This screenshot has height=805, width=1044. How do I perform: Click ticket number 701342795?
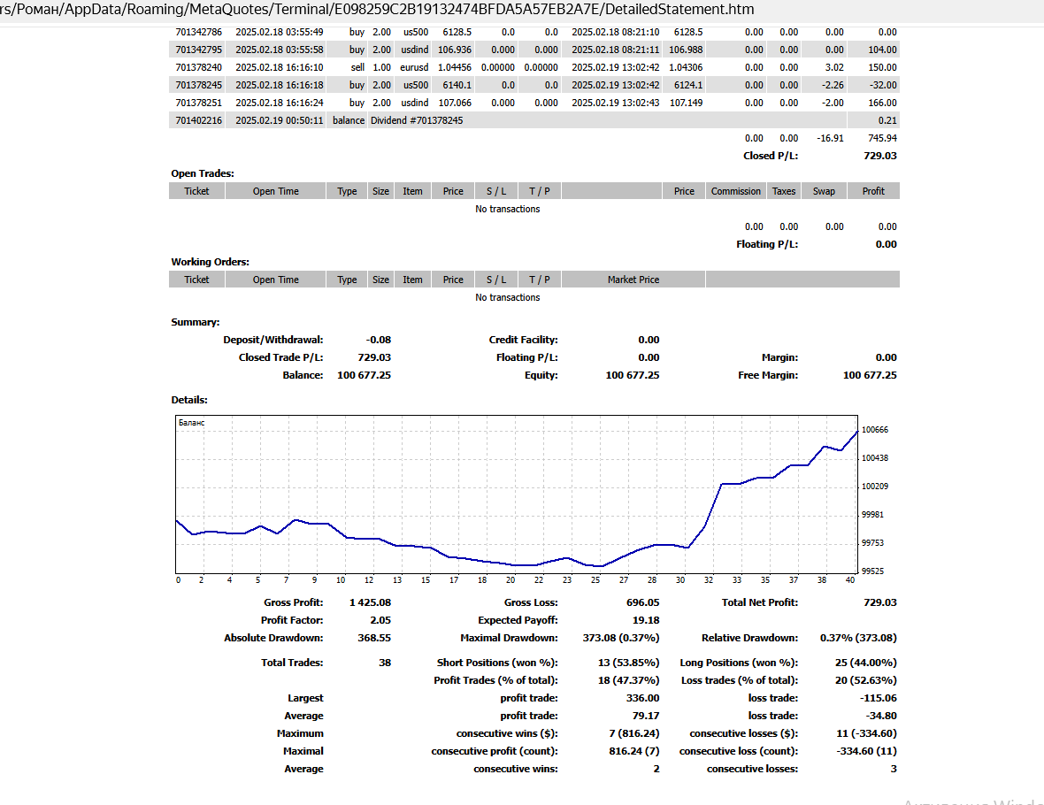pos(199,50)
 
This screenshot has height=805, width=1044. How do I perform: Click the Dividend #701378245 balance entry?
pos(416,120)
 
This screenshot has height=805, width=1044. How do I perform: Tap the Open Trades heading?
pos(203,173)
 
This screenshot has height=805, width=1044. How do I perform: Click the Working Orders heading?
pos(210,262)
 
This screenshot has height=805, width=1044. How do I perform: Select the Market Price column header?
pos(633,280)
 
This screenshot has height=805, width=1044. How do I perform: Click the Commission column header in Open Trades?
pos(735,191)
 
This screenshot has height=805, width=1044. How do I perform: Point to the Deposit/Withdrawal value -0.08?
pos(378,340)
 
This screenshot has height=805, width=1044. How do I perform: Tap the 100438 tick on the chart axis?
pos(874,458)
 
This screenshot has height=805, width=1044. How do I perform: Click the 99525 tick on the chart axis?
pos(874,571)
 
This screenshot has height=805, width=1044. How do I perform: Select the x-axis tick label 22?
pos(538,580)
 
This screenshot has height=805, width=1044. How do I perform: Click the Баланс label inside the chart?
pos(191,423)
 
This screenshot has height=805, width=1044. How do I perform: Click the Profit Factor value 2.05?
pos(379,620)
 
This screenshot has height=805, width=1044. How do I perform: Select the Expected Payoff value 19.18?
pos(646,620)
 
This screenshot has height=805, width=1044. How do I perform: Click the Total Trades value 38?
pos(384,663)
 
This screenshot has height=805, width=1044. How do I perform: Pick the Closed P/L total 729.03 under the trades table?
pos(879,156)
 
